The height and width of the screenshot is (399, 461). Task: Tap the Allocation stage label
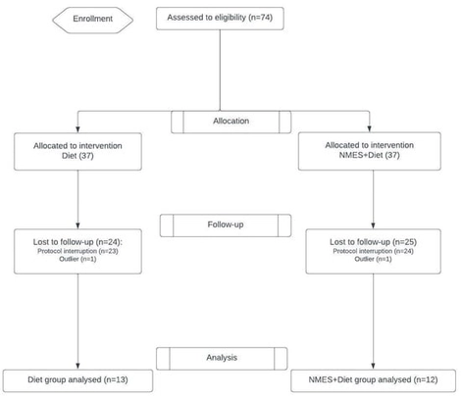[x=230, y=121]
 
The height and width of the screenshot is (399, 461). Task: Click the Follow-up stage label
[x=230, y=224]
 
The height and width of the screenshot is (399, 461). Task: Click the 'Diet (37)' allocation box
[x=77, y=151]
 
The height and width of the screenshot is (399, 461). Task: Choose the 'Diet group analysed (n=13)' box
[x=77, y=378]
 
